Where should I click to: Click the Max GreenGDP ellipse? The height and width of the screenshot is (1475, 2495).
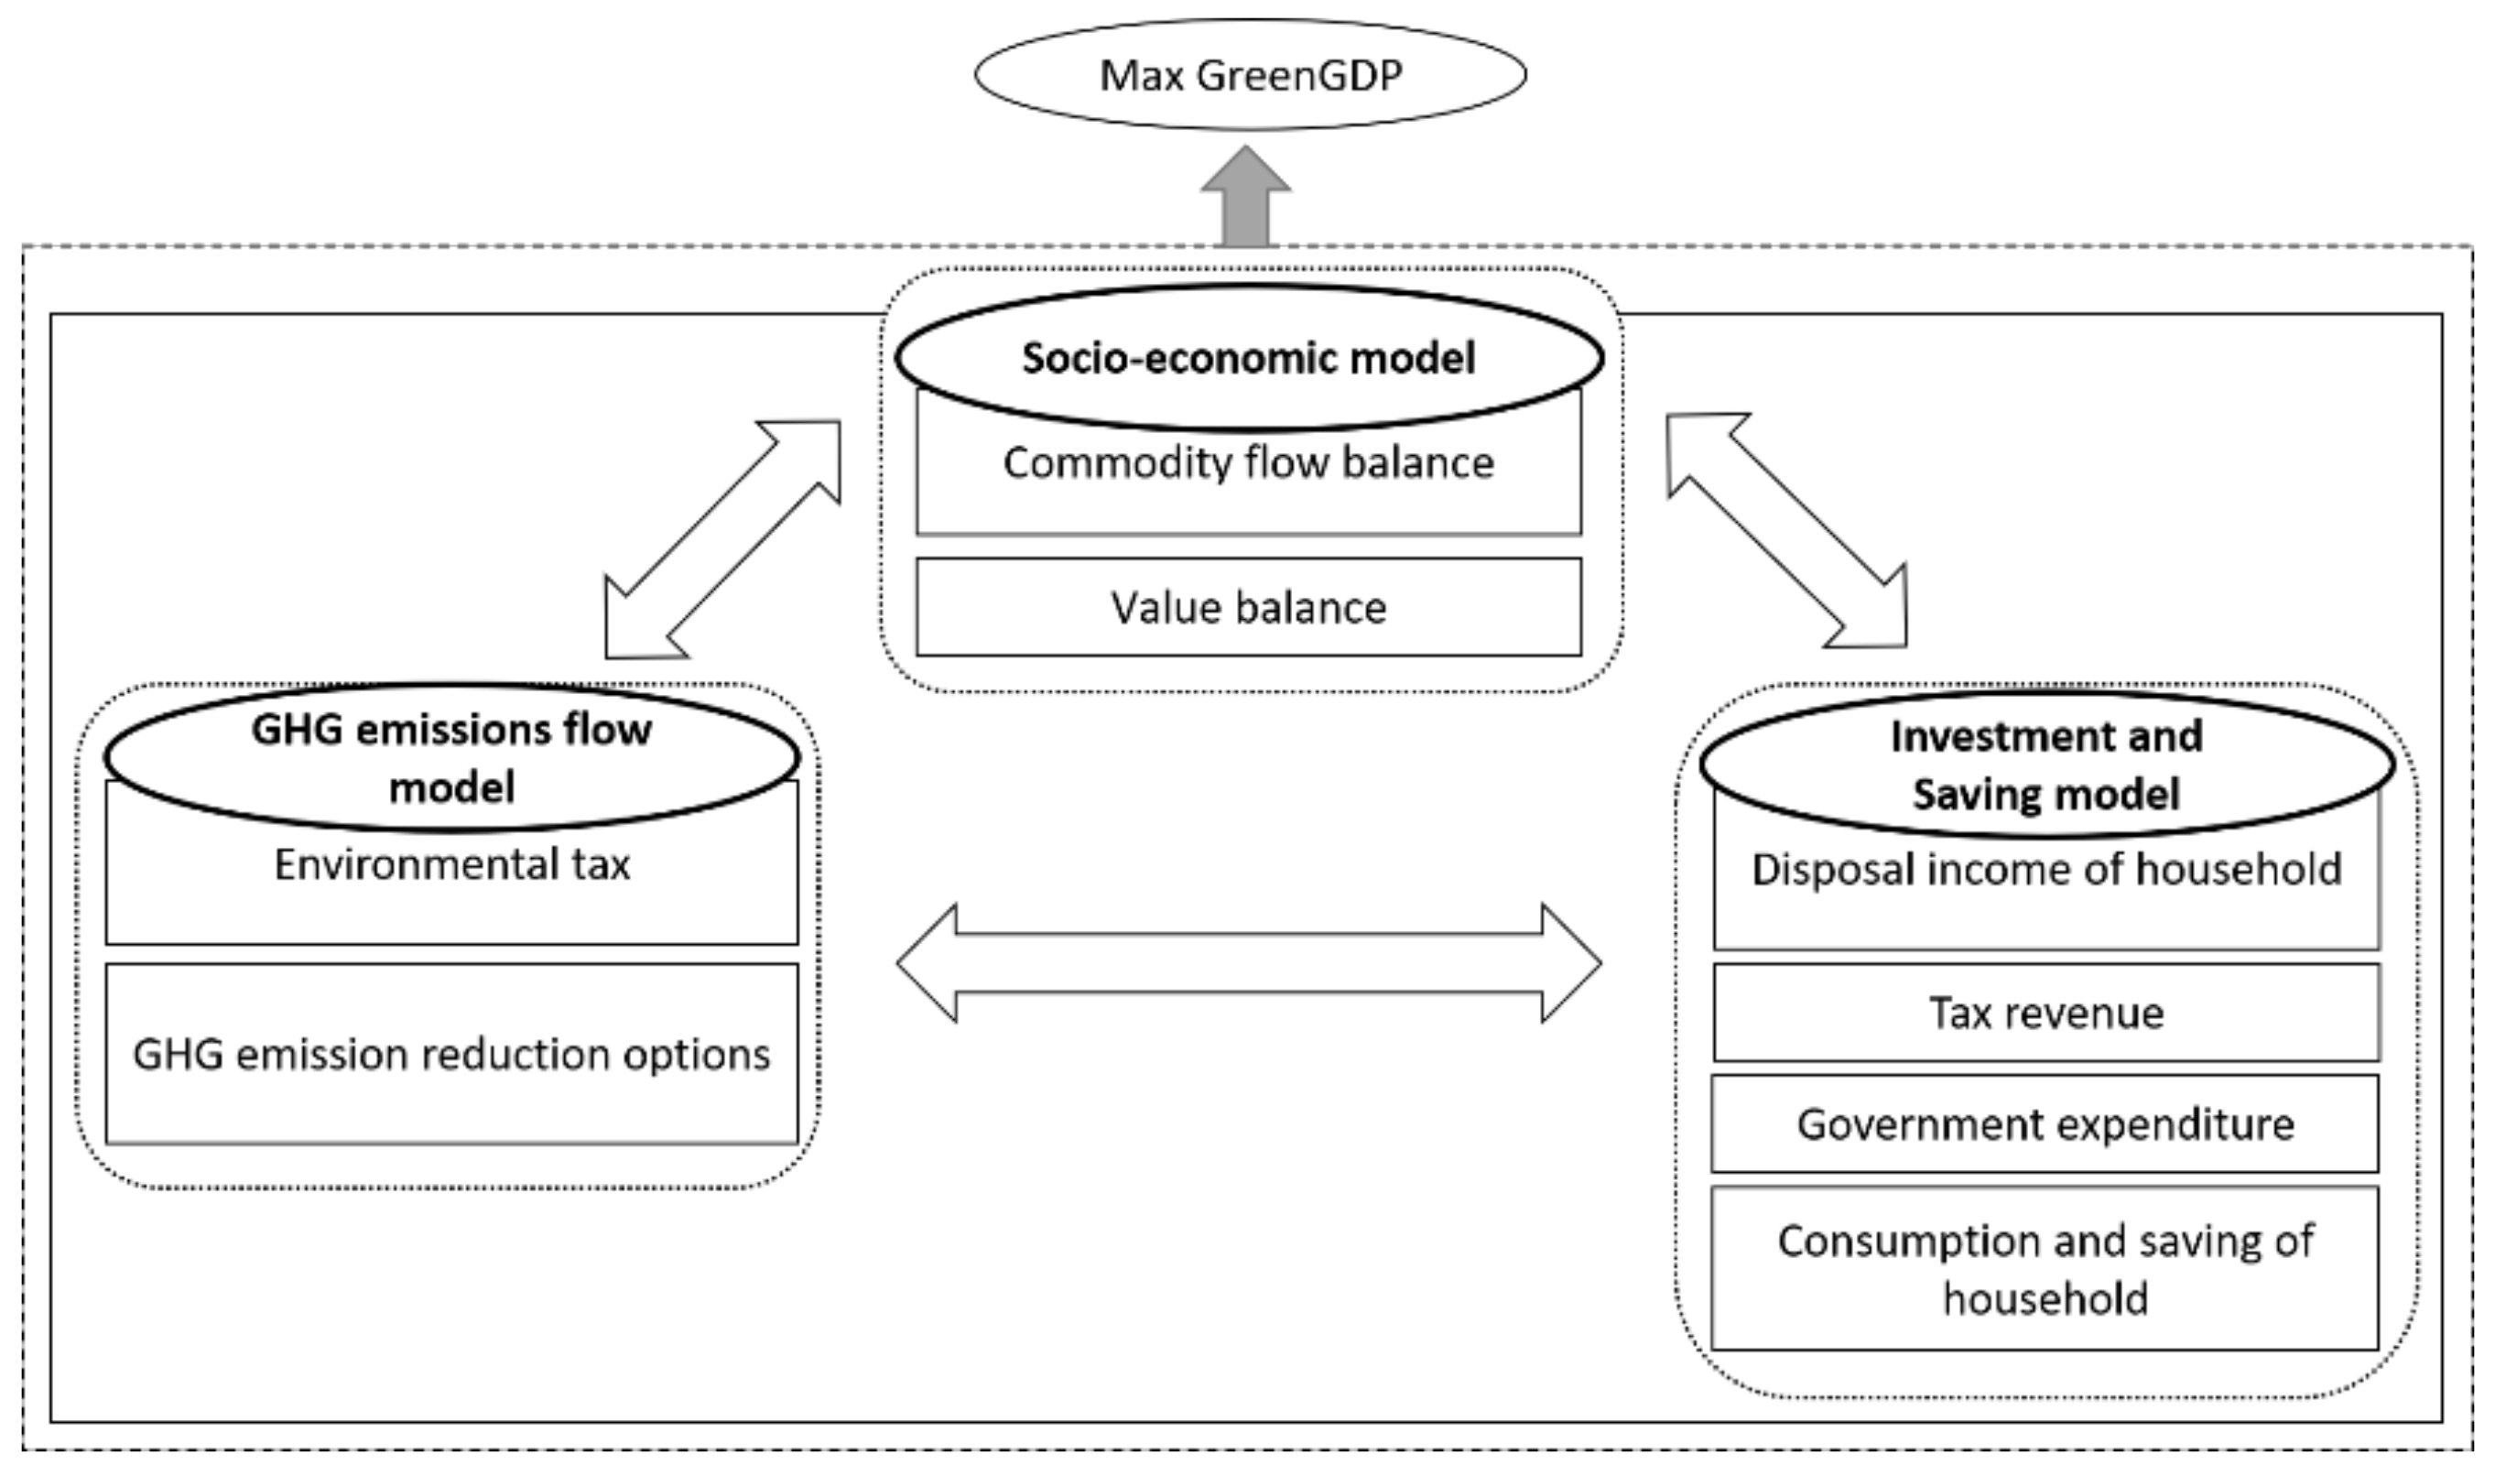click(1250, 74)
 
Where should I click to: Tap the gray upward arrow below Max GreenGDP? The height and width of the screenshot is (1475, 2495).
click(1245, 199)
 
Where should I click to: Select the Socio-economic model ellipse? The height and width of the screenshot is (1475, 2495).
click(1249, 358)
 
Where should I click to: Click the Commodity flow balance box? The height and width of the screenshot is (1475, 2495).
click(1248, 477)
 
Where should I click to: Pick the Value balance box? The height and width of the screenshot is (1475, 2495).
click(1248, 607)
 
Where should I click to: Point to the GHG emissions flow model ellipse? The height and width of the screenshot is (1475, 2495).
click(452, 757)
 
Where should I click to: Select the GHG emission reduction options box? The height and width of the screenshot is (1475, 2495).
click(452, 1055)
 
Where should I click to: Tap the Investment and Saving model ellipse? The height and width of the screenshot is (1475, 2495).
click(2047, 765)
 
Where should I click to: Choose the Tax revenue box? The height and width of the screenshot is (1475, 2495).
click(2047, 1013)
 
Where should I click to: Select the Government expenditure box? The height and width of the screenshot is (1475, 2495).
click(2045, 1124)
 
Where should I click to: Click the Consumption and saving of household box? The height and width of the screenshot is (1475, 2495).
click(2045, 1269)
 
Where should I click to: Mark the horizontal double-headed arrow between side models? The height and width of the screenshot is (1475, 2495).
click(1249, 963)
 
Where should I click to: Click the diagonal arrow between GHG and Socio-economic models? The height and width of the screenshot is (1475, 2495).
click(723, 538)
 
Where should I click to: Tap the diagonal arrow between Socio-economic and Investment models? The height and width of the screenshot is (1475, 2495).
click(1786, 531)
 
